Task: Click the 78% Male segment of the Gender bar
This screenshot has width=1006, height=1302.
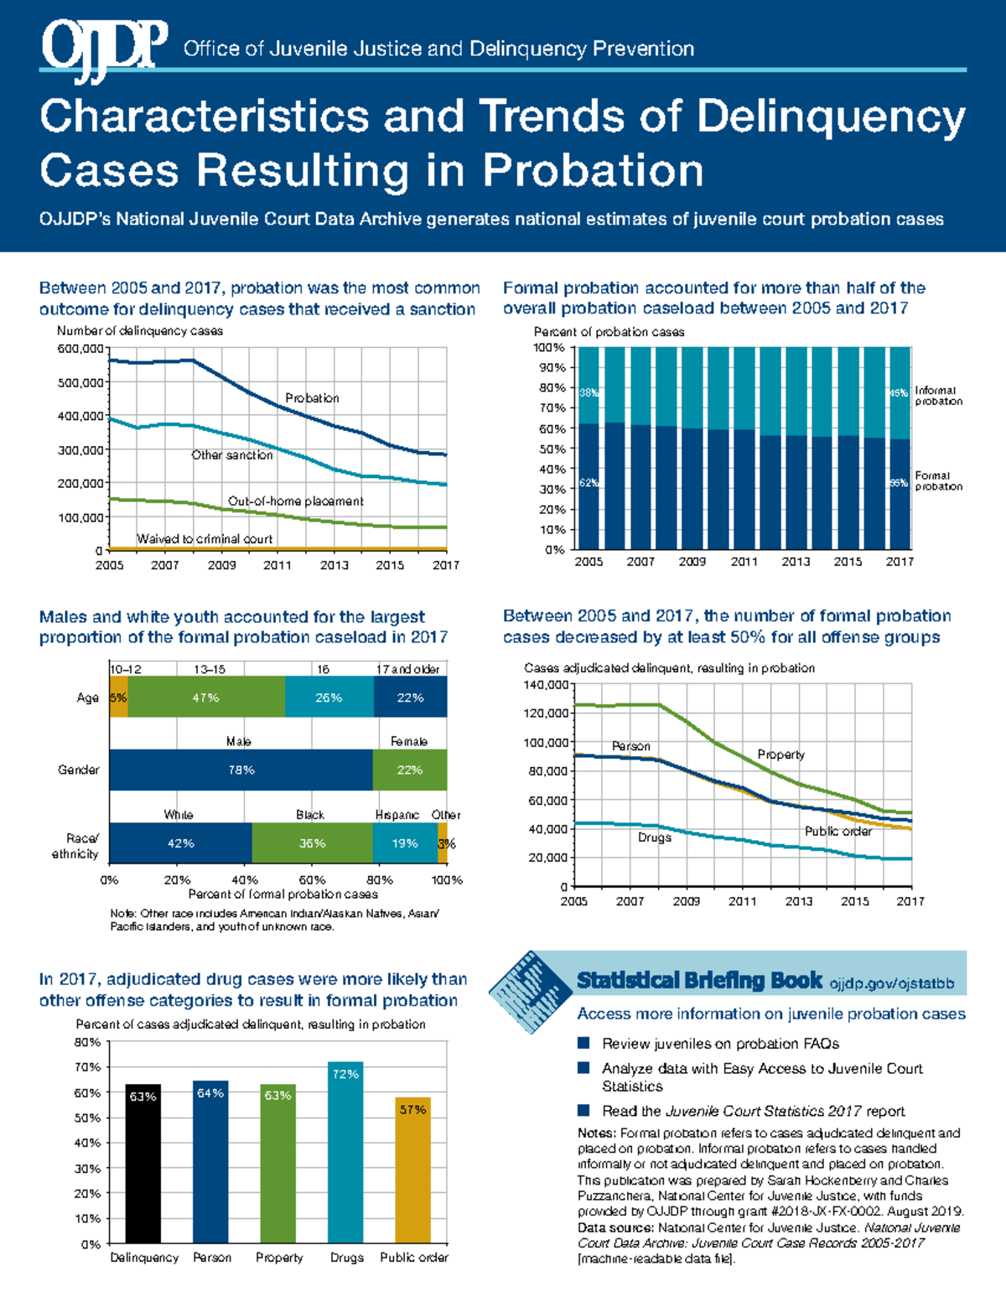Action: [241, 770]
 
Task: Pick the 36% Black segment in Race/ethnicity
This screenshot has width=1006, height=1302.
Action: [312, 843]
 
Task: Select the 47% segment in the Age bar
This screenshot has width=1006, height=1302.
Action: [205, 698]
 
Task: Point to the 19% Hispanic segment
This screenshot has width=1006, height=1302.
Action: [405, 843]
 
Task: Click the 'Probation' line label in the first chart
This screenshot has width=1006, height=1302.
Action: [312, 398]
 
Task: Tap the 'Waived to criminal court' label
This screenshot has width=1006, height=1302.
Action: [205, 539]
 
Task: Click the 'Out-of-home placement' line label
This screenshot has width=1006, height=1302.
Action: [295, 501]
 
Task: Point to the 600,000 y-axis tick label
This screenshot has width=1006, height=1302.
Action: [80, 349]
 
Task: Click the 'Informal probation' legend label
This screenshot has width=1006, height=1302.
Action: [938, 396]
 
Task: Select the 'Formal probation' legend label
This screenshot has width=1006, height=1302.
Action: [938, 480]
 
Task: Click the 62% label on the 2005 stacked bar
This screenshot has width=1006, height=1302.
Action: [589, 483]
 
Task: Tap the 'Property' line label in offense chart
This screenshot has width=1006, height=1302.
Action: [780, 755]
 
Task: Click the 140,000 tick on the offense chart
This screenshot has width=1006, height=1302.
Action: [546, 685]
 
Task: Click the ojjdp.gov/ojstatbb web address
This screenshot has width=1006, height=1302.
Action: [891, 983]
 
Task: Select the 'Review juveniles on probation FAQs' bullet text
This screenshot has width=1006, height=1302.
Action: [720, 1044]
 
